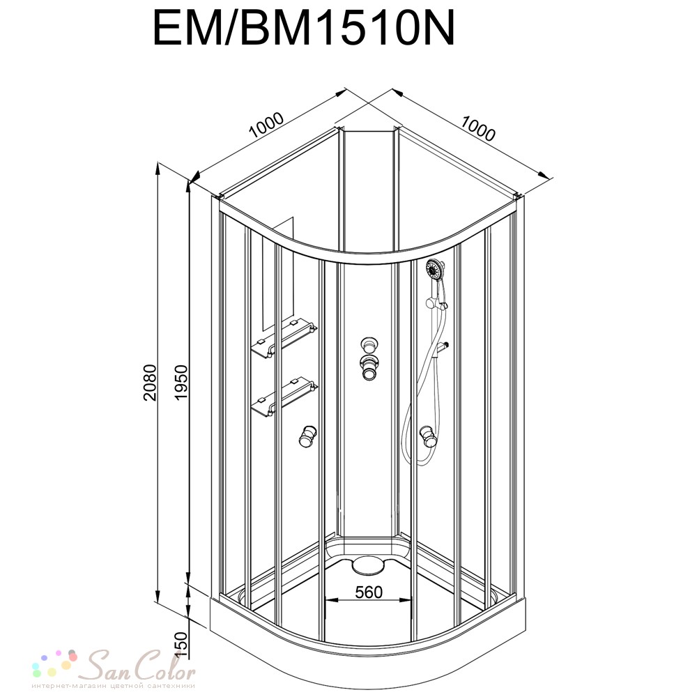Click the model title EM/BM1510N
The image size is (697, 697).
(x=304, y=29)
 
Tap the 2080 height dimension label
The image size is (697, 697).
(x=151, y=383)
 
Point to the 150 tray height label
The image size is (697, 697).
(x=182, y=645)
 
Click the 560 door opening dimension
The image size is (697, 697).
(x=369, y=592)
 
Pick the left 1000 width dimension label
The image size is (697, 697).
(x=266, y=125)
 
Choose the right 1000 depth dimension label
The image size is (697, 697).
(x=477, y=128)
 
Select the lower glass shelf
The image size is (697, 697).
(x=284, y=397)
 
